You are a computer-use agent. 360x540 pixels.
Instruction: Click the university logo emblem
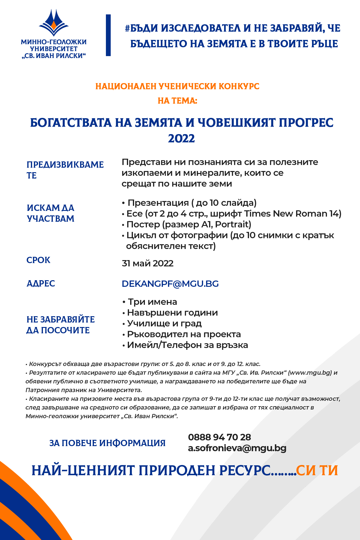click(54, 22)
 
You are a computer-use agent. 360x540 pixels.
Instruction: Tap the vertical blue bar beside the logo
click(108, 35)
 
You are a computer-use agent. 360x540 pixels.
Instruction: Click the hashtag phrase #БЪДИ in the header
click(141, 28)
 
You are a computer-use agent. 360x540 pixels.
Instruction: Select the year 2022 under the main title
click(181, 139)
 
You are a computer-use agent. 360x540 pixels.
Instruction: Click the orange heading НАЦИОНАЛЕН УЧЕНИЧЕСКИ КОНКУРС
click(177, 86)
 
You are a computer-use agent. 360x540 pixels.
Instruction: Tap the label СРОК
click(38, 260)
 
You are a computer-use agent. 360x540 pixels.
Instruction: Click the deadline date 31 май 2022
click(148, 263)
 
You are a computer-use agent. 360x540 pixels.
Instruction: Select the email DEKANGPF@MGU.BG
click(170, 284)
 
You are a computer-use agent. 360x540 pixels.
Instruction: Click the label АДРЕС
click(41, 283)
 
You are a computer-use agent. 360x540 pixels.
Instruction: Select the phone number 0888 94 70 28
click(219, 437)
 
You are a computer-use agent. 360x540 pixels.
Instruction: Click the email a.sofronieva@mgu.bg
click(237, 448)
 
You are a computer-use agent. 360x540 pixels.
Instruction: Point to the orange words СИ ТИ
click(317, 470)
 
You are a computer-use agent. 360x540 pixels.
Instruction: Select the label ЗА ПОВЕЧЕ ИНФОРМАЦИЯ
click(107, 443)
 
